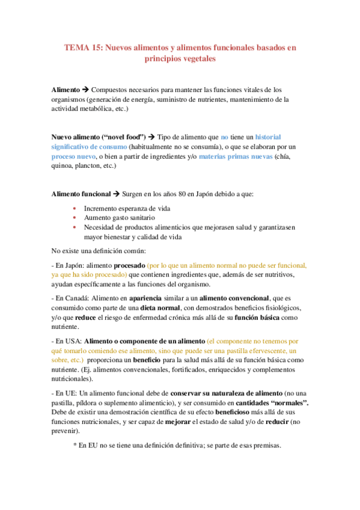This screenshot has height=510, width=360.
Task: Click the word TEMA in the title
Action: click(76, 47)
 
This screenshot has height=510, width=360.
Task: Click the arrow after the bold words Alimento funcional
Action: click(116, 195)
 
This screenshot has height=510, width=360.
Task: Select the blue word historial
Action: click(276, 137)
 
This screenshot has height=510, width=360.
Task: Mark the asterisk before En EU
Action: click(74, 446)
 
